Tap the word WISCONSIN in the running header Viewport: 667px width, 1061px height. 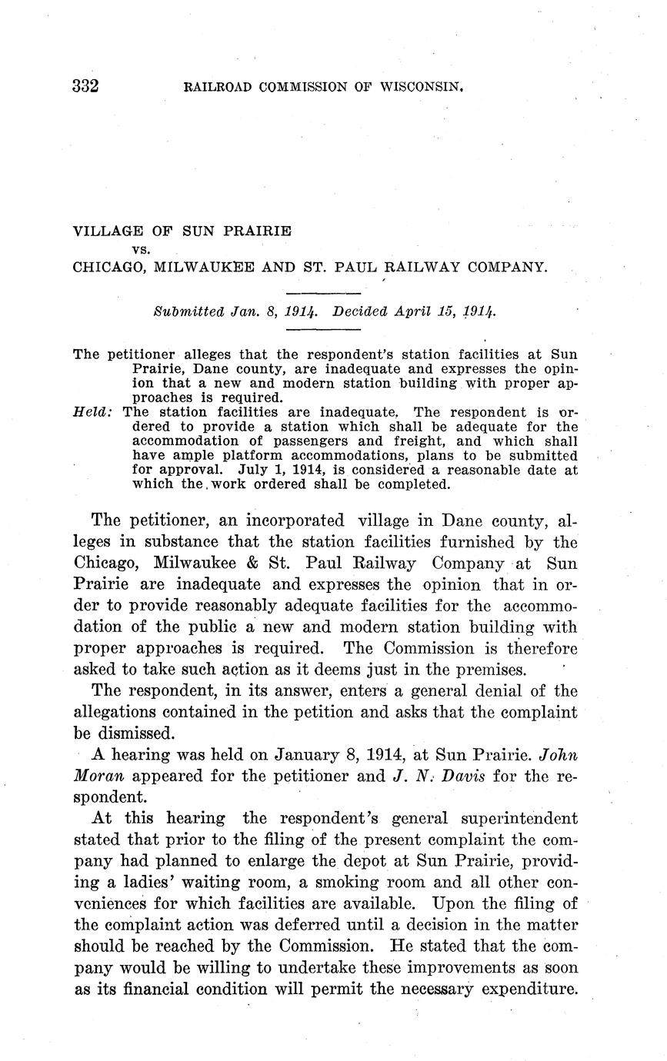pos(422,87)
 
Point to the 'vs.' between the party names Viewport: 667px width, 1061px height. pos(141,249)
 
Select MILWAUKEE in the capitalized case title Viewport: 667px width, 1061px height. pos(201,268)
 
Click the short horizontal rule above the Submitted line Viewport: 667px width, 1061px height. pos(323,294)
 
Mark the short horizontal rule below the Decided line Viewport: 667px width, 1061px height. pos(323,330)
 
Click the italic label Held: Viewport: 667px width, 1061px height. pos(92,412)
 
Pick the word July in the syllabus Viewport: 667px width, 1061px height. pos(254,470)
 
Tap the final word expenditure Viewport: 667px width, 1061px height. pos(529,989)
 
